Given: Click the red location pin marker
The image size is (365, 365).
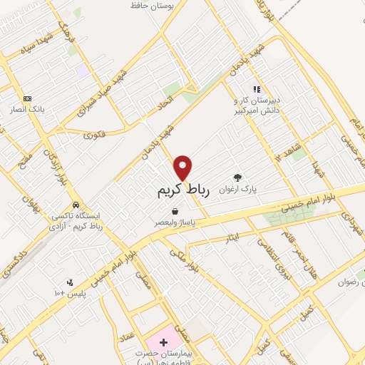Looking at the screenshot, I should pos(184,168).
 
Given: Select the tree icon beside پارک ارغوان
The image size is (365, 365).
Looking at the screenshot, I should pos(237,178).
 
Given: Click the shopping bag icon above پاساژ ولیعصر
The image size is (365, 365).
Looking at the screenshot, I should pos(175,211).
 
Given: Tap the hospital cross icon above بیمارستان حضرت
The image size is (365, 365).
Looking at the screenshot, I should pos(163,342).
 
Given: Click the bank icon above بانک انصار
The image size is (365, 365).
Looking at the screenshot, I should pos(28,98).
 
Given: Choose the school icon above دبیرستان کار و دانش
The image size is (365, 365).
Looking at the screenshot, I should pos(257,89).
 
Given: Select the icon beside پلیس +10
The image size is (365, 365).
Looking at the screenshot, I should pos(69,282).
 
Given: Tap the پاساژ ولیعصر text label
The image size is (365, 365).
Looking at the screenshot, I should pos(176,222).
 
